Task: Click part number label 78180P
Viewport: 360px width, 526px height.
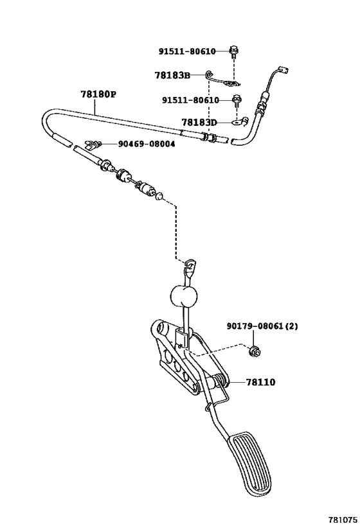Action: pos(98,94)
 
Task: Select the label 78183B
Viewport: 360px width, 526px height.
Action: pos(172,75)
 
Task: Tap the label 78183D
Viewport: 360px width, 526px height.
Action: pos(199,121)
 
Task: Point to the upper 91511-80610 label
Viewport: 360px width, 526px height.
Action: pos(187,51)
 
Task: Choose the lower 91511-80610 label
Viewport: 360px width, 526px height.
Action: pos(190,100)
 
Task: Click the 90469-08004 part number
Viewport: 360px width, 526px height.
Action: pos(146,144)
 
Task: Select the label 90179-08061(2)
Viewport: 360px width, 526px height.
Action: pos(262,326)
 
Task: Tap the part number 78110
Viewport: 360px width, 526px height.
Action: pos(260,382)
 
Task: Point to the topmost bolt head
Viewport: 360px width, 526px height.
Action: pos(233,50)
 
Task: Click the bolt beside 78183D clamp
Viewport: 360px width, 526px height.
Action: pos(237,100)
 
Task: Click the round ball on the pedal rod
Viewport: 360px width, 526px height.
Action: pos(184,296)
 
